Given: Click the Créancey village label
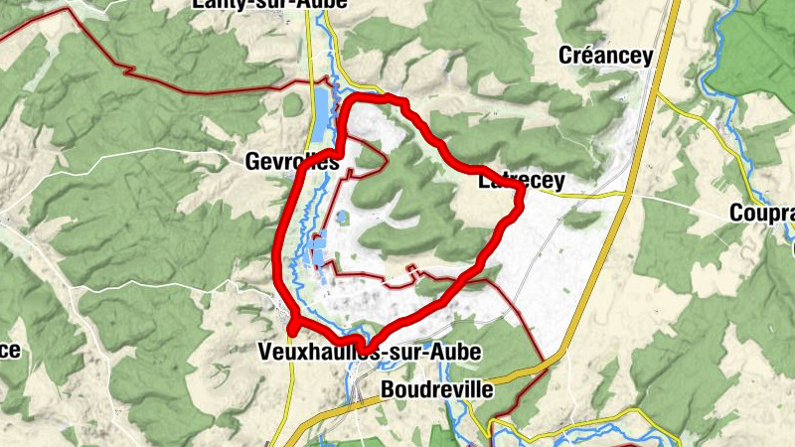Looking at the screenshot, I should (x=606, y=56).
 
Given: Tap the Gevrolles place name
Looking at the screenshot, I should (x=293, y=162).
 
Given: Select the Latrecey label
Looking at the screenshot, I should (x=521, y=182).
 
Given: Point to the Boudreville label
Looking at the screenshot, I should (x=436, y=389).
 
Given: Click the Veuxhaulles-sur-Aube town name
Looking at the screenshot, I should (x=369, y=353).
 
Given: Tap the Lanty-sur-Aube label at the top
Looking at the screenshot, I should (x=269, y=4).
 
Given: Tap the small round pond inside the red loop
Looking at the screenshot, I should (x=342, y=216).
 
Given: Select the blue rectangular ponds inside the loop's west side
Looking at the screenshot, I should (x=318, y=248).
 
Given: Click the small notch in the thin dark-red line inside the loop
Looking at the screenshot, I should (x=411, y=268).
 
